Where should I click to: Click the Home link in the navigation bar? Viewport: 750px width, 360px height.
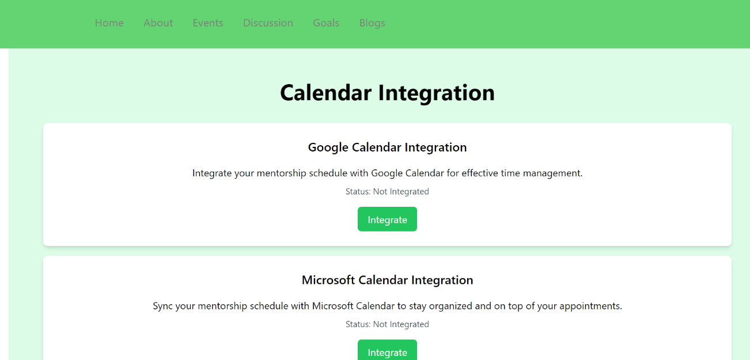109,23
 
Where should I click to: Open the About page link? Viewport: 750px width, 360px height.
158,23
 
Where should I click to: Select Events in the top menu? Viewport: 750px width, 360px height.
208,23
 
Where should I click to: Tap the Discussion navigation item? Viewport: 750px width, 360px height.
268,23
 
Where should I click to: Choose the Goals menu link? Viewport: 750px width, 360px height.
326,23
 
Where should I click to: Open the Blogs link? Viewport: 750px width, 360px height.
372,23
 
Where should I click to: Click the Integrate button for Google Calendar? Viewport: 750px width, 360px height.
388,219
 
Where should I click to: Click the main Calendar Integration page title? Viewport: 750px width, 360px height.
388,92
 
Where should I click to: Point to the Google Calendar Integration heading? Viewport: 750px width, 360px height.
388,147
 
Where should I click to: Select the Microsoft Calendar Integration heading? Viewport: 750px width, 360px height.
388,280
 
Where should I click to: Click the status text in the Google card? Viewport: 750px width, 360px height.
388,192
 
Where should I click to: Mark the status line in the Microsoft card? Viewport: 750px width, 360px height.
388,324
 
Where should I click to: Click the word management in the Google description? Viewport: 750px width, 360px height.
553,173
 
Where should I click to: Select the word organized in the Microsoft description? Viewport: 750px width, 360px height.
450,306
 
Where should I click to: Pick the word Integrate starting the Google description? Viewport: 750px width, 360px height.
212,173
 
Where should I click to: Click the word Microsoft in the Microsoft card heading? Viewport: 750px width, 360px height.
328,280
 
